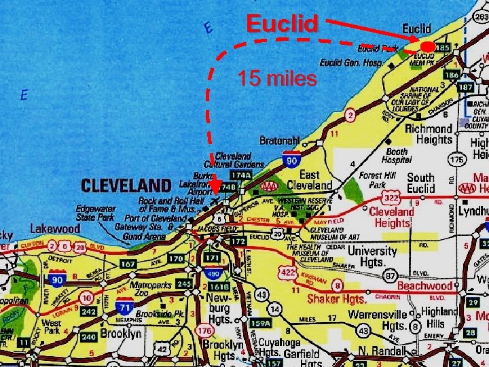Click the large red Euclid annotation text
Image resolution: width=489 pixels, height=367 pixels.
(x=282, y=24)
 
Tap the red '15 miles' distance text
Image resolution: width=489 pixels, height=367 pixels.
(x=277, y=80)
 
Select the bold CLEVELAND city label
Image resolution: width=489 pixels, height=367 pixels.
(x=126, y=185)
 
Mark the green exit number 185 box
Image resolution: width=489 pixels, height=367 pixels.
(x=442, y=48)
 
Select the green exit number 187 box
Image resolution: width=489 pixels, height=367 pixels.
(x=466, y=88)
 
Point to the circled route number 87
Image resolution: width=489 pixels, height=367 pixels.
(x=390, y=276)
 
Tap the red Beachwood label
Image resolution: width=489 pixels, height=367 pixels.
(x=424, y=286)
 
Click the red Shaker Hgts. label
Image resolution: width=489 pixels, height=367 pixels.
(x=337, y=298)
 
